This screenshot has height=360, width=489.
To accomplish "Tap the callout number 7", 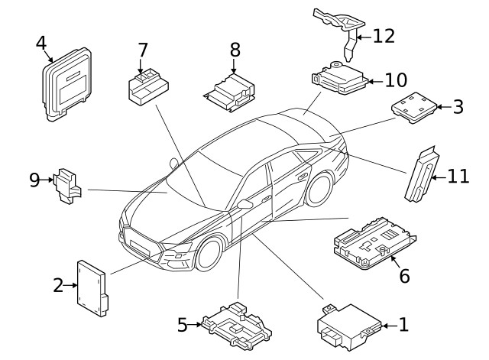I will point(142,50).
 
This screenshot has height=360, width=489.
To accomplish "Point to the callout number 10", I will point(396,79).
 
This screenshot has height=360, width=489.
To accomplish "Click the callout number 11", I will point(457,177).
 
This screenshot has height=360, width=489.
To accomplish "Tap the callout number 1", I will point(403,325).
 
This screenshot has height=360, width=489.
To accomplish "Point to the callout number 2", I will point(58,286).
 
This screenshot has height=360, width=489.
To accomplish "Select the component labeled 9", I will point(70,186).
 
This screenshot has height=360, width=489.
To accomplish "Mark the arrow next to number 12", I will point(362,36).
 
